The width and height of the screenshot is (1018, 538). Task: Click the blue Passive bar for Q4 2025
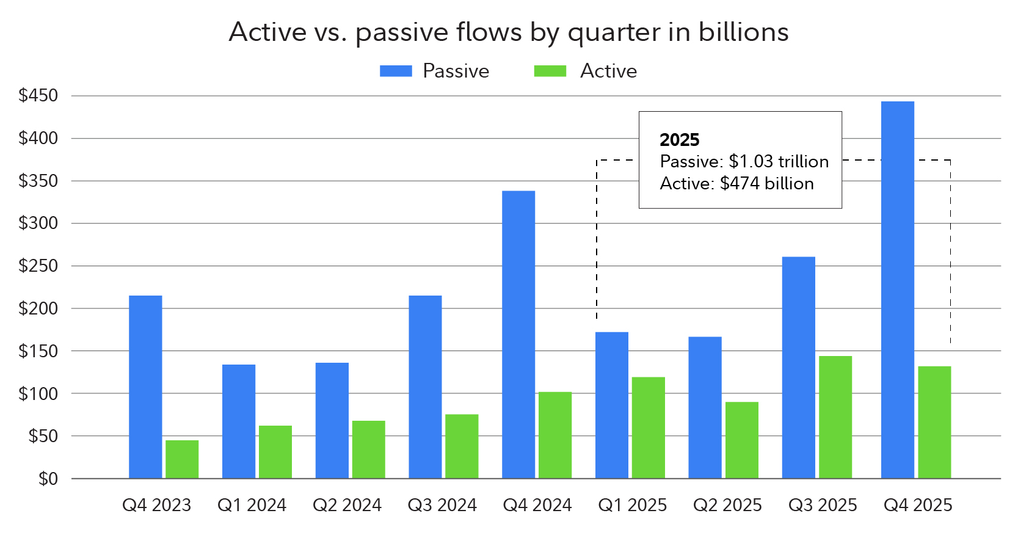(897, 290)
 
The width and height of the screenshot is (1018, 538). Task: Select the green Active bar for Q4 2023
(182, 459)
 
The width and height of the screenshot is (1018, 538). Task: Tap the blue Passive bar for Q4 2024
(518, 335)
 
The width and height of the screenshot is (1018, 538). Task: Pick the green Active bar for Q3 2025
(835, 417)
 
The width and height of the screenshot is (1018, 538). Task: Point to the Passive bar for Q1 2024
(239, 421)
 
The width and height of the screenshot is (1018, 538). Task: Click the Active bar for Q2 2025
(741, 440)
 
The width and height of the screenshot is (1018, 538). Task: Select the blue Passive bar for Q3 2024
(425, 387)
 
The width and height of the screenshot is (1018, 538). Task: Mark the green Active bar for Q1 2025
(648, 427)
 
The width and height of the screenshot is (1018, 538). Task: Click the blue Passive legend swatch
(396, 71)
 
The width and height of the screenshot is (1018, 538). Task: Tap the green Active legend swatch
(550, 71)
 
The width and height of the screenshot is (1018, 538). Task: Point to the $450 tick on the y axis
(38, 96)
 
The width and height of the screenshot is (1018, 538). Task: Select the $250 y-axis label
(38, 266)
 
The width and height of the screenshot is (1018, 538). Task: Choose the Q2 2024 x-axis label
(347, 506)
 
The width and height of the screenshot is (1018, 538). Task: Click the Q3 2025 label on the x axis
(823, 506)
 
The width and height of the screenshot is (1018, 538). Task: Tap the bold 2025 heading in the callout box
(679, 140)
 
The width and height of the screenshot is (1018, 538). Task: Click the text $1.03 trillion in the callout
(779, 162)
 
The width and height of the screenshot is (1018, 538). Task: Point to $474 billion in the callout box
(766, 184)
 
